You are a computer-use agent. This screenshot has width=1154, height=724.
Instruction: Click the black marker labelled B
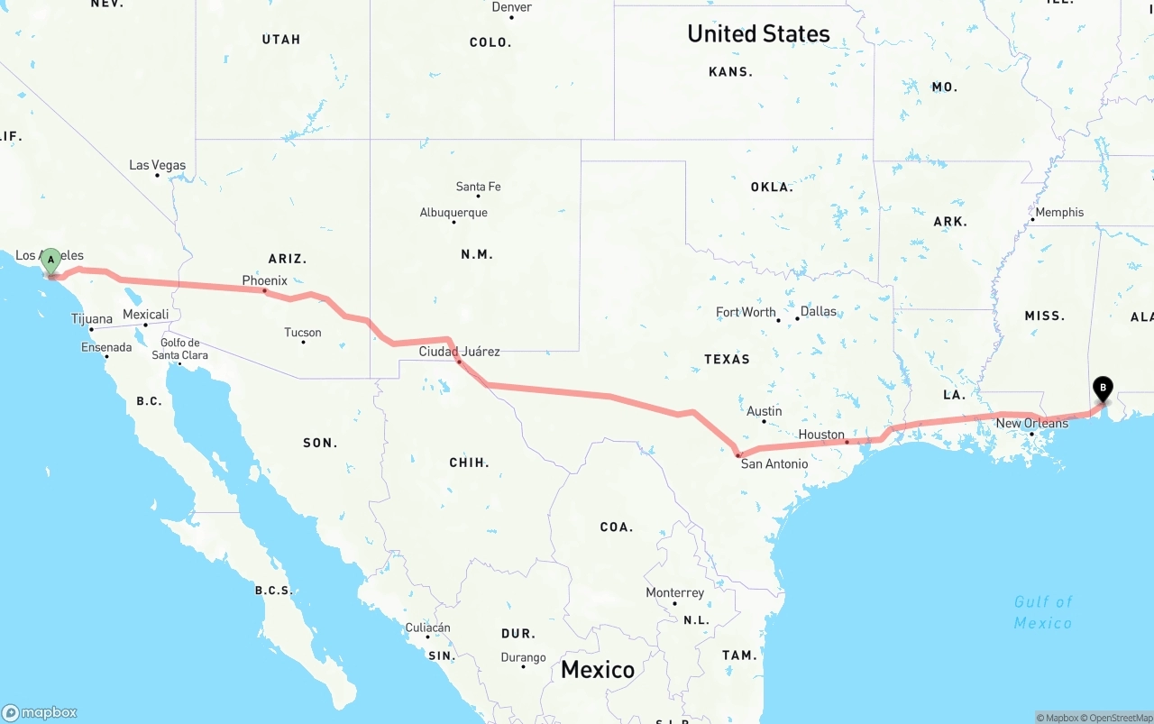pyautogui.click(x=1102, y=389)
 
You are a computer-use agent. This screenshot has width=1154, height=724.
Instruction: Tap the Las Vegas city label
pyautogui.click(x=157, y=165)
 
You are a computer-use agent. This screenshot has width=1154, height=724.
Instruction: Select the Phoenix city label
pyautogui.click(x=264, y=280)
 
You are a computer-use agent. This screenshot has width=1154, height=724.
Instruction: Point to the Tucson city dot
pyautogui.click(x=303, y=342)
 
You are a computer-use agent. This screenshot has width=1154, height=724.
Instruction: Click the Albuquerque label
pyautogui.click(x=453, y=213)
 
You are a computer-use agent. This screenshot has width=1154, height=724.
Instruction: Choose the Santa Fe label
pyautogui.click(x=478, y=187)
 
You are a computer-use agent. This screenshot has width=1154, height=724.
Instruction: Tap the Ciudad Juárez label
pyautogui.click(x=459, y=351)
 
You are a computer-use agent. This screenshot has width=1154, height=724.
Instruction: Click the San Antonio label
pyautogui.click(x=774, y=463)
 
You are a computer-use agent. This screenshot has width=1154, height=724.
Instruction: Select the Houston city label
pyautogui.click(x=821, y=435)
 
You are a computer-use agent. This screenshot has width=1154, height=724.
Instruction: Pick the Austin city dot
pyautogui.click(x=765, y=421)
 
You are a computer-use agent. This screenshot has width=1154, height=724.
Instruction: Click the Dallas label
pyautogui.click(x=819, y=311)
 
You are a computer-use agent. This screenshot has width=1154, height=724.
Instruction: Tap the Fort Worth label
pyautogui.click(x=746, y=312)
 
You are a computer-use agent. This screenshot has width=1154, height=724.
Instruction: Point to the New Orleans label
pyautogui.click(x=1031, y=423)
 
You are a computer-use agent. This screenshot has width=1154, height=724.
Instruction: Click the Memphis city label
pyautogui.click(x=1059, y=212)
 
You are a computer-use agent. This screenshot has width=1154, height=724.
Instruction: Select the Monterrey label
pyautogui.click(x=674, y=592)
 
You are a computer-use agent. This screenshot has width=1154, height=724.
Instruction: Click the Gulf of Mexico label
pyautogui.click(x=1043, y=612)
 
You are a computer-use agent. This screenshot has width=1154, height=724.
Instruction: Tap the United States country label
pyautogui.click(x=758, y=33)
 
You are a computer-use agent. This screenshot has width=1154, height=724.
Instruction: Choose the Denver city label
pyautogui.click(x=511, y=7)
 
